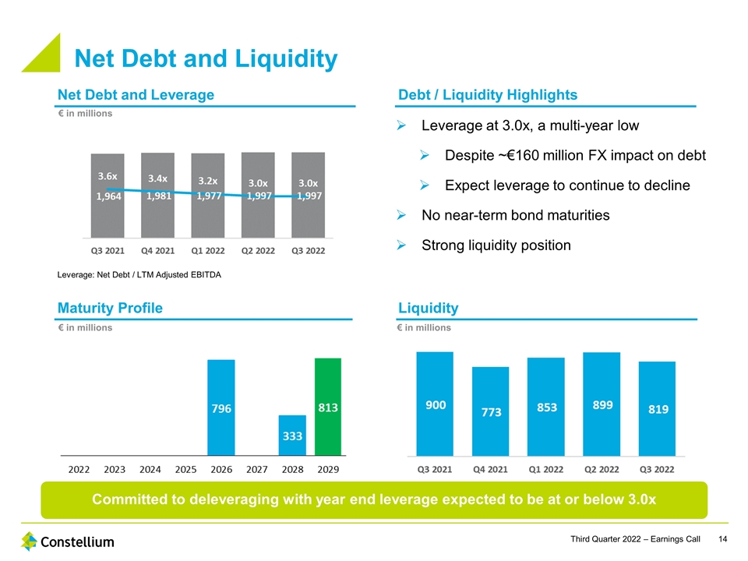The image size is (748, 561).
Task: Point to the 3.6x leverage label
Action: tap(108, 177)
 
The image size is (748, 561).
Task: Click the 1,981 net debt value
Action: tap(158, 196)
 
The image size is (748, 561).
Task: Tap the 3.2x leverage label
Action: tap(207, 180)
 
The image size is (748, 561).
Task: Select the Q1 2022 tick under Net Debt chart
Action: tap(207, 250)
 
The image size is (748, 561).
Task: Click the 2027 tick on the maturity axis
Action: tap(257, 470)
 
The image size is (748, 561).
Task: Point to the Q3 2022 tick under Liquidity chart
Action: tap(656, 469)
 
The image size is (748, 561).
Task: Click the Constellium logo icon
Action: tap(30, 541)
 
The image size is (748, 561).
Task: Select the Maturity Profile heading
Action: tap(110, 308)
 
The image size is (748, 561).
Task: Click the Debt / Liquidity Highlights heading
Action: tap(488, 94)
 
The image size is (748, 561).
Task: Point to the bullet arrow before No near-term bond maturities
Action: tap(402, 216)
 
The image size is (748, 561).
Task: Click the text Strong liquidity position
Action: tap(496, 245)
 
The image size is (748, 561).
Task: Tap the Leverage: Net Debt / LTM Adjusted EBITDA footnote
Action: tap(139, 273)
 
